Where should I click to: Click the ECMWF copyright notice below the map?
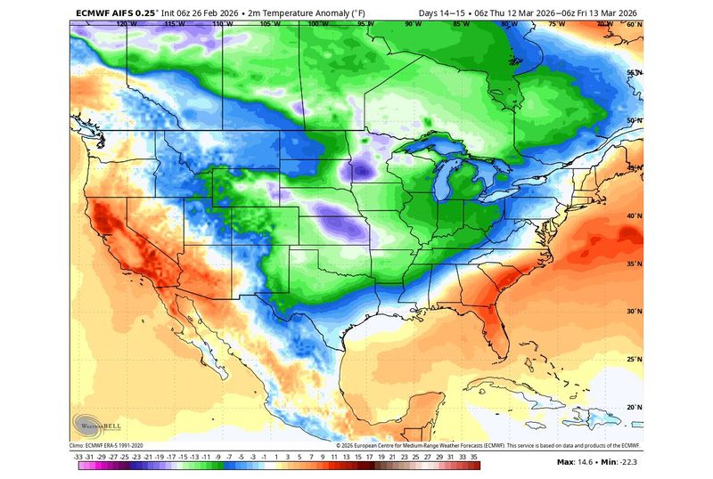coord(488,445)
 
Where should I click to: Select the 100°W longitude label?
coord(314,25)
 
